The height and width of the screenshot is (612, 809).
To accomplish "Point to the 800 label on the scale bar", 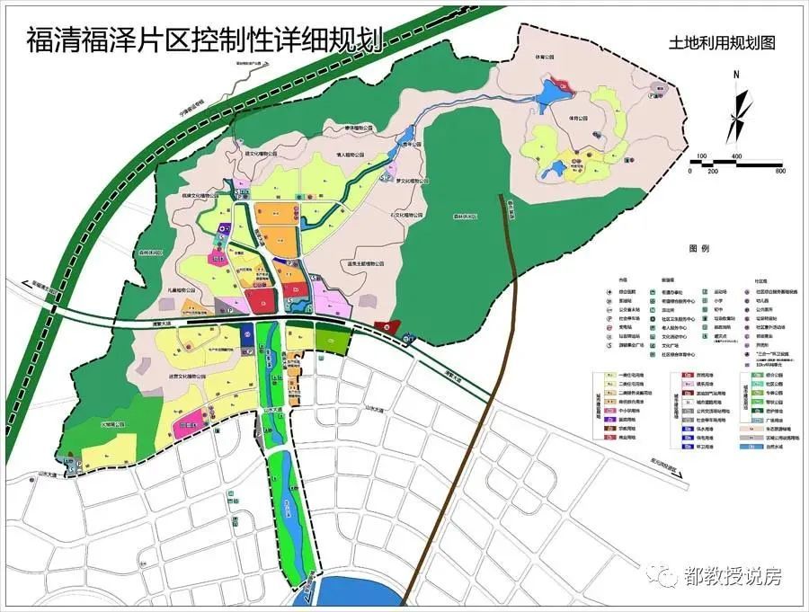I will coord(779,171).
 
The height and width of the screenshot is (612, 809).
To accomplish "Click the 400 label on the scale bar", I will coord(736,157).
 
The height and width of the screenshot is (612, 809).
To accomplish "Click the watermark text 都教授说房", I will coord(732,576).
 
